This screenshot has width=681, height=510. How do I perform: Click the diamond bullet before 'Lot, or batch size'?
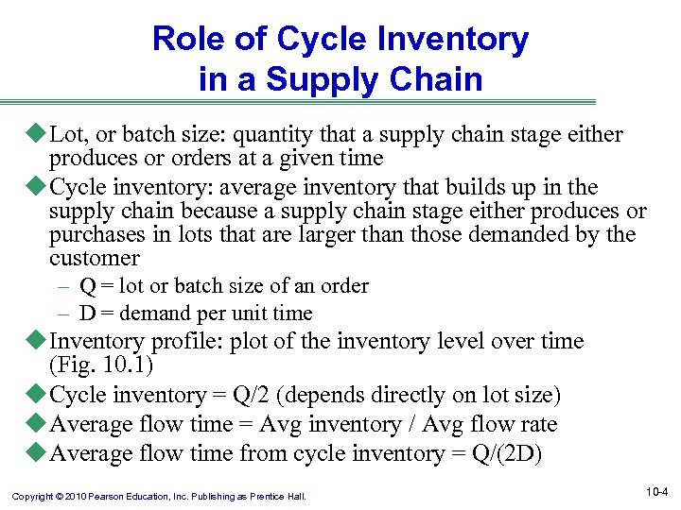coord(39,135)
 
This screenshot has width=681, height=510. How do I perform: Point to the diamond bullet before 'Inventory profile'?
coord(39,342)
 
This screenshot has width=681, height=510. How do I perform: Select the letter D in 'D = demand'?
coord(87,314)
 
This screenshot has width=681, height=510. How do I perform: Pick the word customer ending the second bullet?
coord(94,258)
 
